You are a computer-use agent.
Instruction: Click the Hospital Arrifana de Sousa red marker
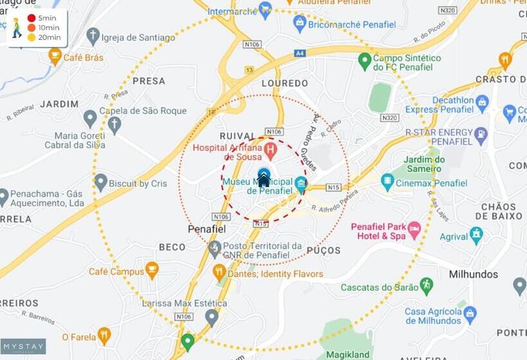[270, 152]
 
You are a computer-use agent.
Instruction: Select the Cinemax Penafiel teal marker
[387, 183]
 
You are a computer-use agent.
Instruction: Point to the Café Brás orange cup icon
[55, 57]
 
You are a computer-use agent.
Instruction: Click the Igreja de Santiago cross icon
[93, 37]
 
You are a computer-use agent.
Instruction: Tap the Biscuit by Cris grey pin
[101, 183]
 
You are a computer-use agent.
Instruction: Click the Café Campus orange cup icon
[152, 270]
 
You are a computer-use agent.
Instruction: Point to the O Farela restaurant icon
[104, 336]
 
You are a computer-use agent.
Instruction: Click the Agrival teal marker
[476, 235]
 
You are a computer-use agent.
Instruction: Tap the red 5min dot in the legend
[31, 18]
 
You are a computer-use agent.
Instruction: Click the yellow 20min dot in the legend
[31, 37]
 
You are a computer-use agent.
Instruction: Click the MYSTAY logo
[23, 346]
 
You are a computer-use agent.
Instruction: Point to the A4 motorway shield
[299, 53]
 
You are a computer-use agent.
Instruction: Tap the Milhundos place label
[473, 274]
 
